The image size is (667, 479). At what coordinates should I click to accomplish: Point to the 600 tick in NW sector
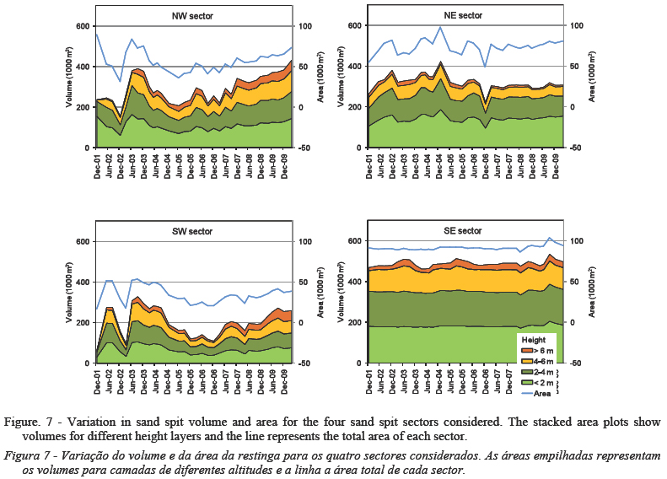[x=81, y=26]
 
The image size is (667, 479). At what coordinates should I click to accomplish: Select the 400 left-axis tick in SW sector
[x=81, y=283]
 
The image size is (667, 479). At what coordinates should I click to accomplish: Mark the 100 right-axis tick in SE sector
[x=578, y=242]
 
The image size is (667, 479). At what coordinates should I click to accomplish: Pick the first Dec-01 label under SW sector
[x=100, y=381]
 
